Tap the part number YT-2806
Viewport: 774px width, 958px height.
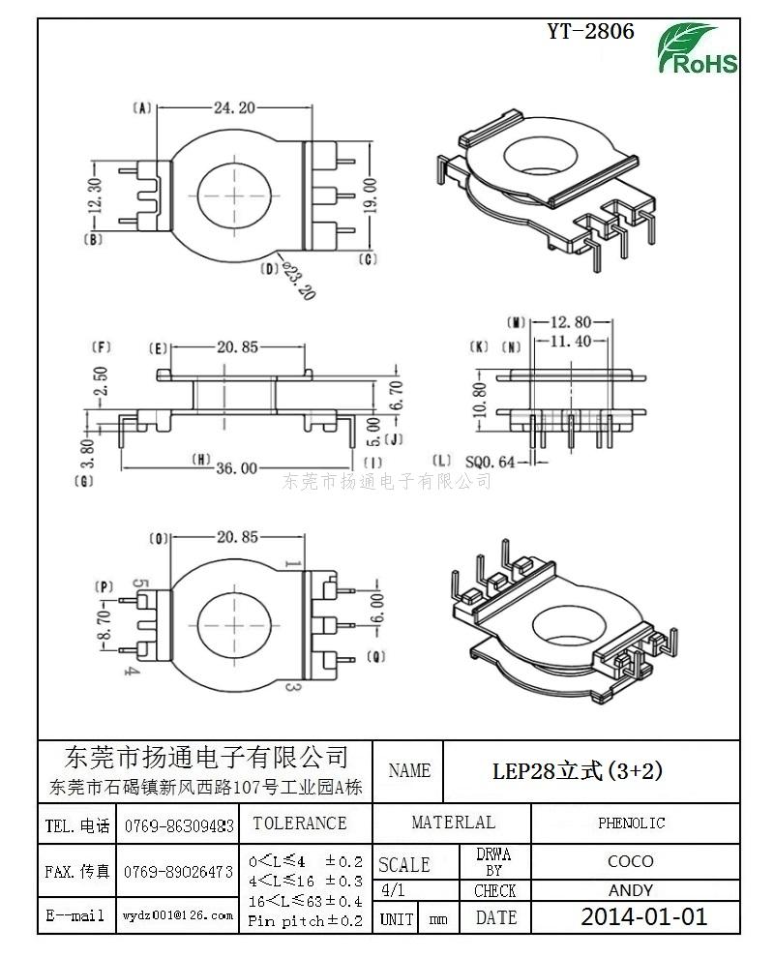tap(590, 31)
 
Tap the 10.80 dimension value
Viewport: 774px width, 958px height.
tap(476, 402)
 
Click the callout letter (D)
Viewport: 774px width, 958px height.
tap(271, 268)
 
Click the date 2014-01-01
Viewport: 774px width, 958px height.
tap(643, 916)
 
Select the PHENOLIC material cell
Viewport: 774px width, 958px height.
tap(631, 823)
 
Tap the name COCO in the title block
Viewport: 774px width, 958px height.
tap(630, 861)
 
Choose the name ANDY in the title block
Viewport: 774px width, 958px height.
tap(630, 890)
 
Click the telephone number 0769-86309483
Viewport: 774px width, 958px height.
tap(179, 826)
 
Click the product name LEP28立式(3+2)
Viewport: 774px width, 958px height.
tap(578, 771)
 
